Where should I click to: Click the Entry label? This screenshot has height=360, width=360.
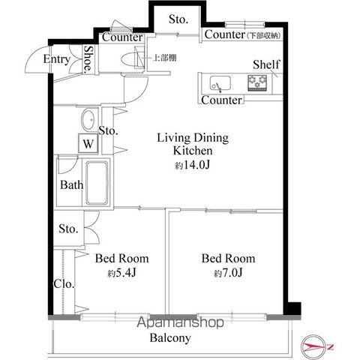(x=57, y=59)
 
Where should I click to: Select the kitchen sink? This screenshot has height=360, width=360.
(x=220, y=83)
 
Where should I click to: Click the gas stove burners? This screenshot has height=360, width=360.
(x=257, y=82)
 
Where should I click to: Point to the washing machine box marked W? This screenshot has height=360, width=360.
(x=88, y=143)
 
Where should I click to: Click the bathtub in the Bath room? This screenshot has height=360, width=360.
(x=97, y=183)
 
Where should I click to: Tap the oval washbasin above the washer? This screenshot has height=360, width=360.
(x=88, y=120)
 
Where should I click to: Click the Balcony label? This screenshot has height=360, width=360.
(x=170, y=338)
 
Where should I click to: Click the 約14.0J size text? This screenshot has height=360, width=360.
(x=192, y=165)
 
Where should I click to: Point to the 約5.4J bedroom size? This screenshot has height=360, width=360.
(x=121, y=273)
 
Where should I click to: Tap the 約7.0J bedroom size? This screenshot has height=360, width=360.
(x=228, y=273)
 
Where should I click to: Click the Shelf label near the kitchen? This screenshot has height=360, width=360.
(x=266, y=64)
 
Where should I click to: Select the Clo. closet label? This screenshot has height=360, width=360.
(x=64, y=284)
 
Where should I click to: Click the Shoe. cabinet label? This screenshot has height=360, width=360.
(x=88, y=59)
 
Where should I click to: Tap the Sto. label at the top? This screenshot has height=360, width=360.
(x=178, y=19)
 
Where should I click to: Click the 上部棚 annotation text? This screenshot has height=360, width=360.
(x=165, y=58)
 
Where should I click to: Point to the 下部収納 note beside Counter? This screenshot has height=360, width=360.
(x=264, y=36)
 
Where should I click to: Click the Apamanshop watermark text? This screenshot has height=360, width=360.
(x=180, y=322)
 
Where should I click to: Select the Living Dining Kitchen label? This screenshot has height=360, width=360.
(x=193, y=144)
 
